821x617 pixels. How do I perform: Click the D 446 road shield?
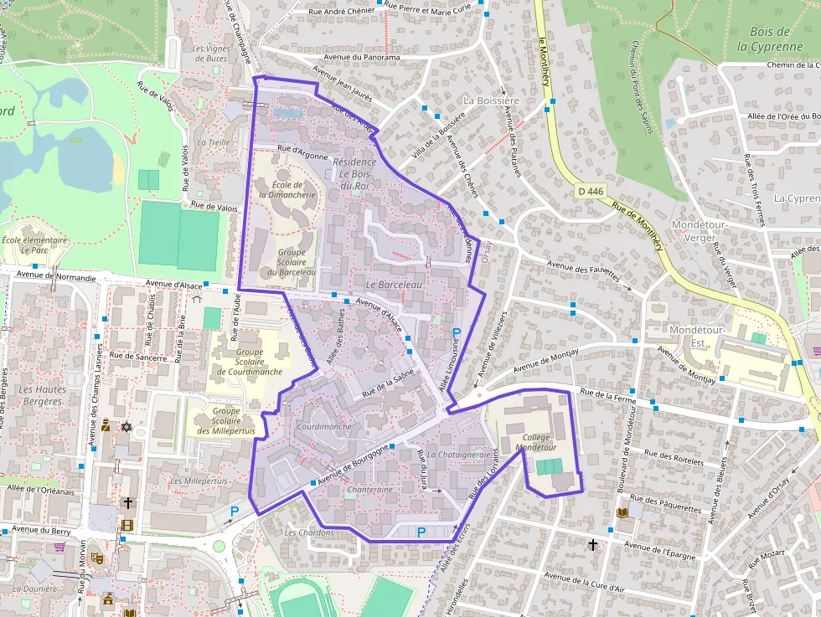pos(591,192)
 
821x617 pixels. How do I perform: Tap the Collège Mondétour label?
pos(534,443)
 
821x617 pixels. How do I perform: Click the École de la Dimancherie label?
pos(287,189)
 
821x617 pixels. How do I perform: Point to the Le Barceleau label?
pos(391,285)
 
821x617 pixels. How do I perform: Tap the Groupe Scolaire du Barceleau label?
pos(292,262)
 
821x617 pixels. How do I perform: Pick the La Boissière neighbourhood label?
pos(492,100)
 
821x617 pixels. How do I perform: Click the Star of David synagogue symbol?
pos(126,427)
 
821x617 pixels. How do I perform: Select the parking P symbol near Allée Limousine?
pos(457,334)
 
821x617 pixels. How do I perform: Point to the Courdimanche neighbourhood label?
pos(324,426)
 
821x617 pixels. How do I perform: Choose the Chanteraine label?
pos(369,489)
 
